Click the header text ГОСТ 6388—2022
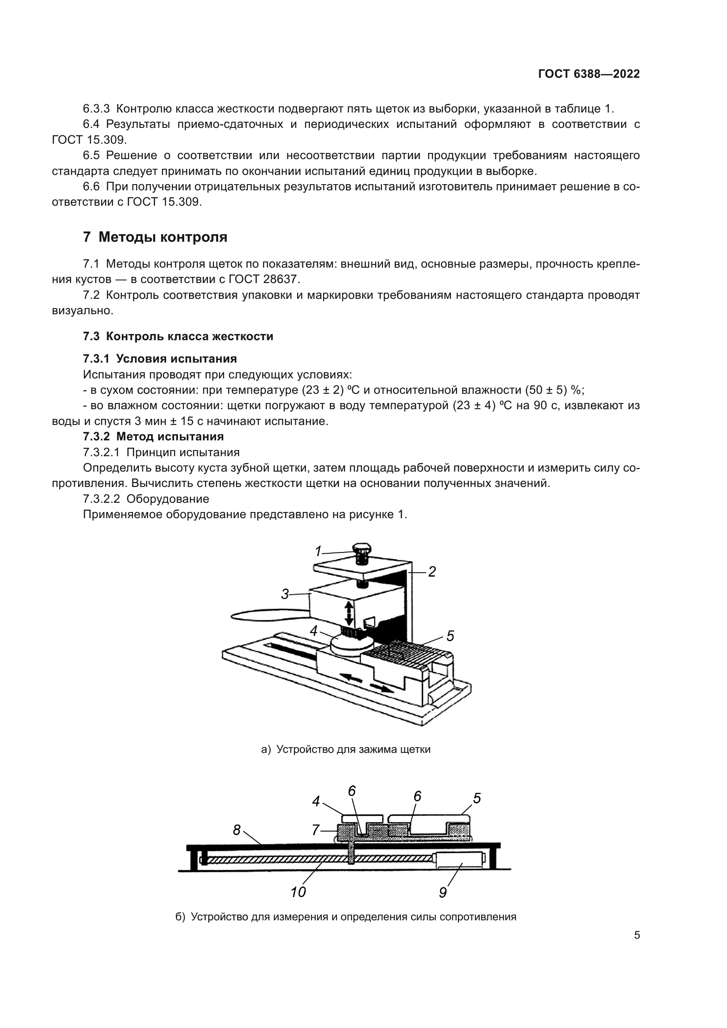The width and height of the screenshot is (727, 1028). click(x=589, y=74)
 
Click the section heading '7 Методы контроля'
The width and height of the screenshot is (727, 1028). click(x=155, y=237)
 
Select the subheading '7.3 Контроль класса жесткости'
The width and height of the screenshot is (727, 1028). click(x=178, y=336)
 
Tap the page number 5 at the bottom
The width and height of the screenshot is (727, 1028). click(x=637, y=935)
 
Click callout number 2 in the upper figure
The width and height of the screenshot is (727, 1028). click(x=432, y=572)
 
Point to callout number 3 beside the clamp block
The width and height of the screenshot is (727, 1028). click(x=285, y=594)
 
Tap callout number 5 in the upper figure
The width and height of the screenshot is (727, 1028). click(x=451, y=636)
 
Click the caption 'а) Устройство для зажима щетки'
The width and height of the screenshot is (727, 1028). click(x=345, y=749)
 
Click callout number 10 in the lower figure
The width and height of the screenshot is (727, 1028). click(x=298, y=892)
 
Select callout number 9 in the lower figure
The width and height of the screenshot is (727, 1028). click(x=443, y=892)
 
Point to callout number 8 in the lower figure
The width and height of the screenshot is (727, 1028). click(x=237, y=831)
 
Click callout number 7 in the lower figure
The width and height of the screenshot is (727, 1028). click(x=316, y=830)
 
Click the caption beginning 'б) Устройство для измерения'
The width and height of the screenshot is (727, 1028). click(x=345, y=916)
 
